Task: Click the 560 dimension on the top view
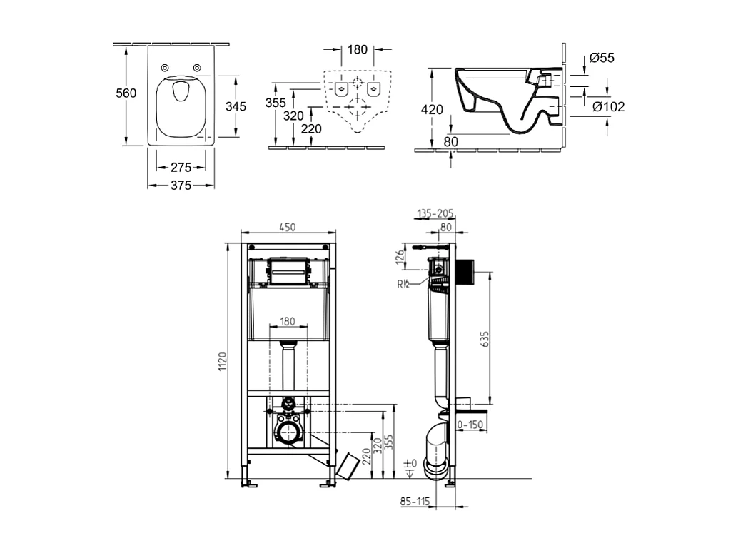pyautogui.click(x=127, y=93)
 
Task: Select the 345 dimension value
pyautogui.click(x=236, y=106)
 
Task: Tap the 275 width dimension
pyautogui.click(x=181, y=168)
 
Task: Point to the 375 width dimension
pyautogui.click(x=181, y=186)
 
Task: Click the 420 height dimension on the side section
pyautogui.click(x=432, y=110)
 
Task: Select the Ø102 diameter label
pyautogui.click(x=608, y=106)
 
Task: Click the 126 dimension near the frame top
pyautogui.click(x=400, y=258)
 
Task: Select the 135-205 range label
pyautogui.click(x=435, y=213)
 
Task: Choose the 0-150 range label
pyautogui.click(x=470, y=425)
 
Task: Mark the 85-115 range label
pyautogui.click(x=415, y=502)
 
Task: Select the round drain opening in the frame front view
pyautogui.click(x=288, y=432)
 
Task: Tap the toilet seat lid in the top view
pyautogui.click(x=181, y=107)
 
